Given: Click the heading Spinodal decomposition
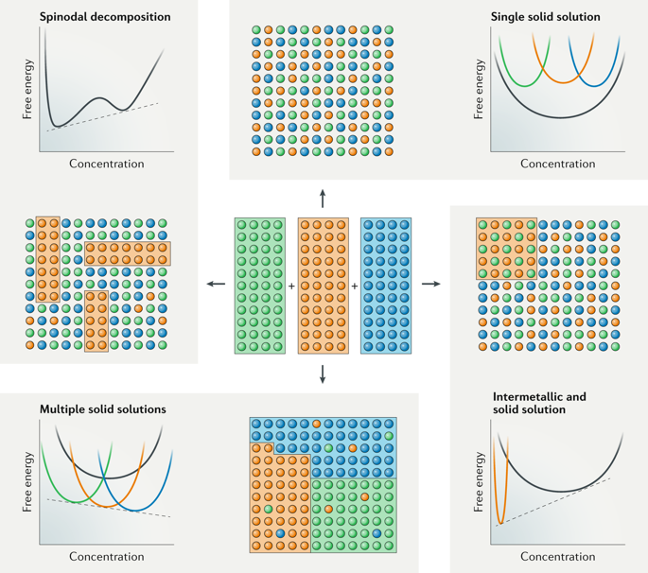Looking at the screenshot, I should (x=105, y=17).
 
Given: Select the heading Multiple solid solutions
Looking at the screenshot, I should (x=103, y=409).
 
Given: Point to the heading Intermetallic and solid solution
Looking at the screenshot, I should (x=539, y=403).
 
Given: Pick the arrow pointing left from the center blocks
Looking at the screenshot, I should (x=216, y=285).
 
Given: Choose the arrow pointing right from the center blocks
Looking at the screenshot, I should (x=431, y=285).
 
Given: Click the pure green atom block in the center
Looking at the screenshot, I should (x=259, y=286).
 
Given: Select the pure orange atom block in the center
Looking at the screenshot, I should (x=323, y=286).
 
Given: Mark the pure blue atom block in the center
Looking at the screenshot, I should (x=386, y=286).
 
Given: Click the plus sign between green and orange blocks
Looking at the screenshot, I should (x=291, y=286).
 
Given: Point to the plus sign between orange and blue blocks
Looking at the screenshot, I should (x=355, y=286).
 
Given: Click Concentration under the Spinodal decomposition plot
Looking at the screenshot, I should (x=107, y=164).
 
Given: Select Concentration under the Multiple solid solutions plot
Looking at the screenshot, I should (x=107, y=558).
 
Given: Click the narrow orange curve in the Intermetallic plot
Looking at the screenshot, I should (x=499, y=492).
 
